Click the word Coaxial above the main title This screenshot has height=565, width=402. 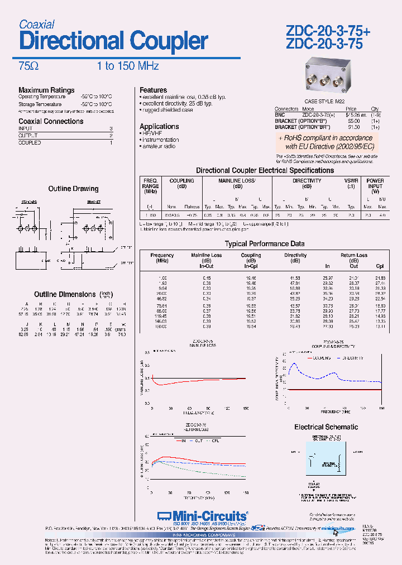coord(36,25)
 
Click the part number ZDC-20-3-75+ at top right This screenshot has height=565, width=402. coord(328,32)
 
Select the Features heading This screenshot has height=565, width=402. coord(153,90)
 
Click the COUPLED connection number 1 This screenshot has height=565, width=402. coord(111,143)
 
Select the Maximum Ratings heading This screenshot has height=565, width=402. coord(46,90)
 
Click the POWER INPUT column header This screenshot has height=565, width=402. coord(375,183)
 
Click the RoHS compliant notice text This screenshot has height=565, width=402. coord(325,142)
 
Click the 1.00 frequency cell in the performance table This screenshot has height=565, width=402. coord(162,277)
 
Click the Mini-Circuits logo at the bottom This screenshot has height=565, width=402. coord(202,515)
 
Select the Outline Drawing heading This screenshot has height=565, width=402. coord(73,189)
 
